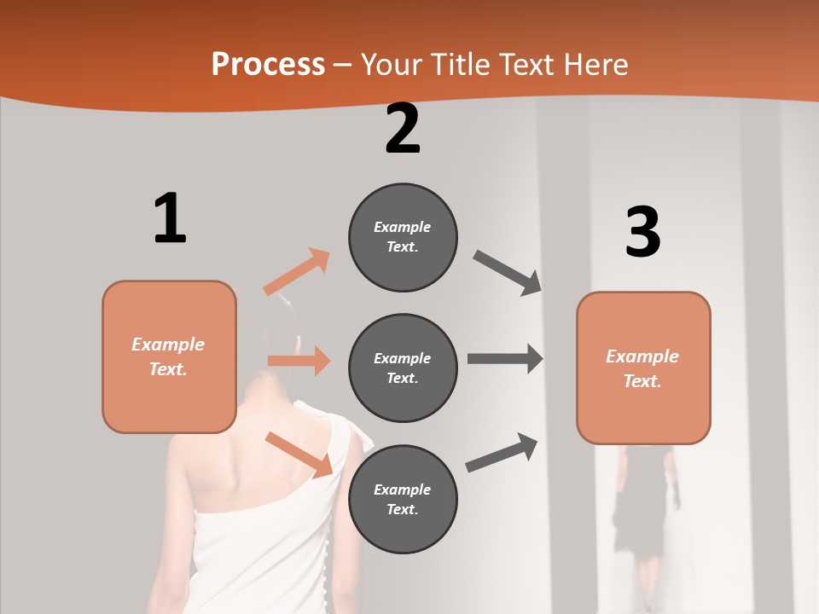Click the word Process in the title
coord(268,64)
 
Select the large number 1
coord(170,219)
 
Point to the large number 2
coord(403,129)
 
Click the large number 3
coord(642,233)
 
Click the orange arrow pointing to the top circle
coord(297,271)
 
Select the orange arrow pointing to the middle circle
coord(299,361)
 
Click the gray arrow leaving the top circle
coord(508,273)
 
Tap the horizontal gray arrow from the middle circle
coord(505,358)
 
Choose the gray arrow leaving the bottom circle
coord(502,453)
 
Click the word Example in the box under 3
coord(642,356)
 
